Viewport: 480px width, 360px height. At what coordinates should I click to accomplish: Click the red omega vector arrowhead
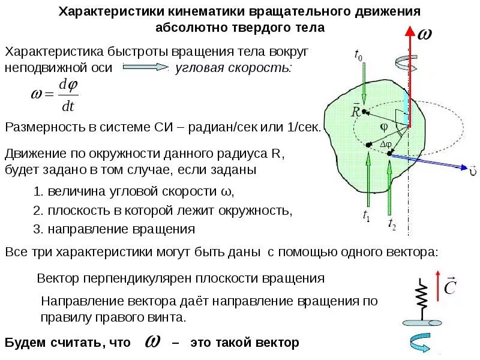(410, 31)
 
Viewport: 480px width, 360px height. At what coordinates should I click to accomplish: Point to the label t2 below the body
(392, 224)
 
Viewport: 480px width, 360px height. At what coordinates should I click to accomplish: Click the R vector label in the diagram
(355, 112)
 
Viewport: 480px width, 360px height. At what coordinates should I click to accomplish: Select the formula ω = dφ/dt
(54, 95)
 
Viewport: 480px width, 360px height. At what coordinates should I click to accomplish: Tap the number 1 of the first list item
(37, 192)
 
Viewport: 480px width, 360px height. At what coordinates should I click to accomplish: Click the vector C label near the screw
(449, 289)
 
